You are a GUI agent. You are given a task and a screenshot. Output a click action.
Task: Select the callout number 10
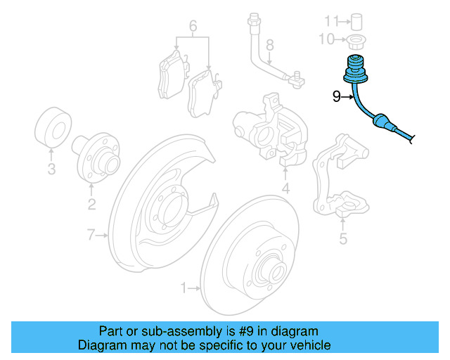[325, 39]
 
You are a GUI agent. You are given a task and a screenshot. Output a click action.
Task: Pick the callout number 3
[51, 169]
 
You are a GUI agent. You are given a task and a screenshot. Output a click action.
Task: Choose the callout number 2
[91, 205]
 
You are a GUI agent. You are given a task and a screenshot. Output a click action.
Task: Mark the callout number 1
[184, 287]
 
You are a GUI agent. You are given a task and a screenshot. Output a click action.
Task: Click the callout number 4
[285, 189]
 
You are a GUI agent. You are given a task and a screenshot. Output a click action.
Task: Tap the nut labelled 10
[355, 39]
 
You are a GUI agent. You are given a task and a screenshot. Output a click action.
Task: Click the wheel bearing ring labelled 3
[51, 128]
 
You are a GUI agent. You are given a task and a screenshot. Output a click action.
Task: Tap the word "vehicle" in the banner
[308, 345]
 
